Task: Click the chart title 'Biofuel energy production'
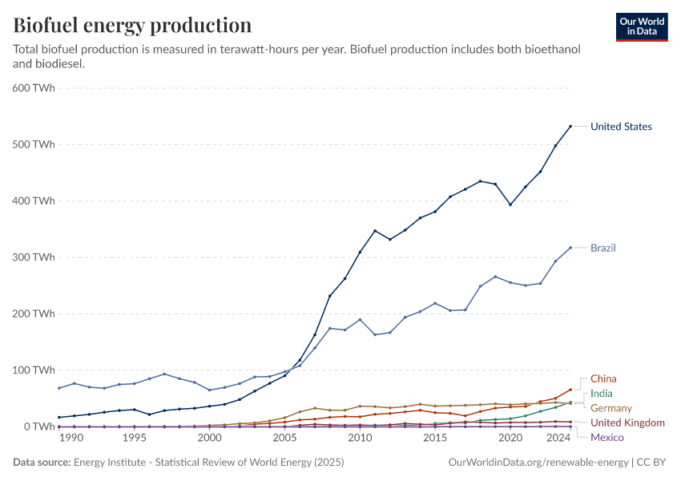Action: coord(132,25)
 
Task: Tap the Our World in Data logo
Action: coord(642,26)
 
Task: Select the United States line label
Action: coord(621,127)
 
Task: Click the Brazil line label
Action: coord(603,248)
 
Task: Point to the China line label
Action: coord(603,378)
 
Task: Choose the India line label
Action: coord(602,394)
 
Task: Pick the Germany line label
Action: coord(611,408)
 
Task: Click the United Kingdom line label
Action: coord(627,422)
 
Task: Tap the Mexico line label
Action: coord(606,437)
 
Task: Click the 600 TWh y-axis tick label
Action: coord(33,88)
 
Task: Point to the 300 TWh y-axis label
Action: coord(33,257)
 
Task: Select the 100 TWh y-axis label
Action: coord(33,370)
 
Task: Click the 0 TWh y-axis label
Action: coord(38,426)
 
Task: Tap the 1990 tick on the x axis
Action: coord(71,439)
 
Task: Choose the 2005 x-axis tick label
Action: coord(284,439)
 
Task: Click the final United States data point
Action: coord(570,126)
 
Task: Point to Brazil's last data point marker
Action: coord(570,248)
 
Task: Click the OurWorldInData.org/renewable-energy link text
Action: coord(538,463)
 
